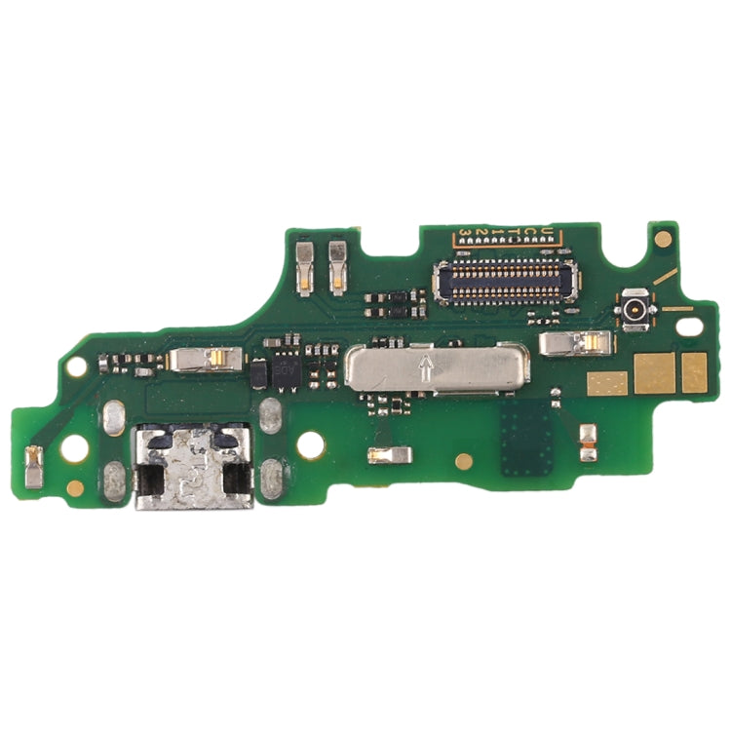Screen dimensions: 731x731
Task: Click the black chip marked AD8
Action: (285, 371)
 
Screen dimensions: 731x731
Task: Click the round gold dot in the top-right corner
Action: (664, 237)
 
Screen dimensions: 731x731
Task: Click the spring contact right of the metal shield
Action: (576, 342)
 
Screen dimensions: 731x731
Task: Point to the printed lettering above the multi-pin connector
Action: (508, 233)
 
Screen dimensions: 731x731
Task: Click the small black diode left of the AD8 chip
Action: (258, 373)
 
